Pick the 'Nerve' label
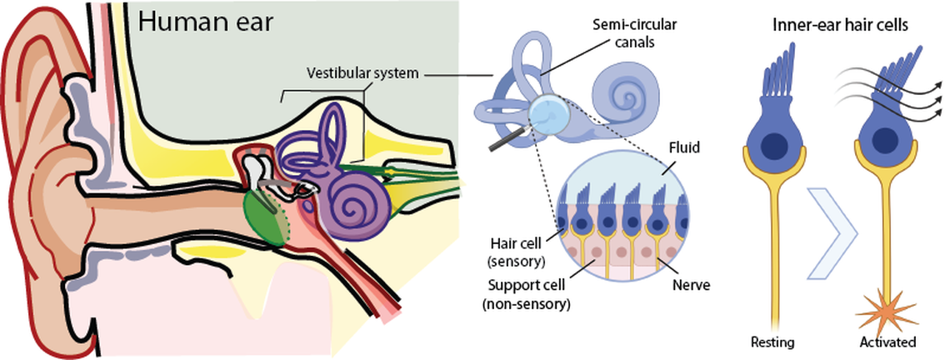[688, 284]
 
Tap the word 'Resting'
[772, 342]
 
